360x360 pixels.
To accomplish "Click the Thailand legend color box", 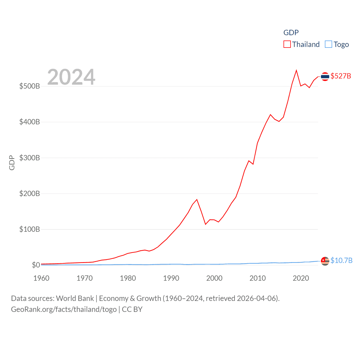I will tap(287, 44).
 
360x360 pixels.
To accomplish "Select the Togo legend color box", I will tap(328, 44).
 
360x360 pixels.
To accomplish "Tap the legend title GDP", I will tap(291, 33).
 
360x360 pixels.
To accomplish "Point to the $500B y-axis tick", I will tap(30, 86).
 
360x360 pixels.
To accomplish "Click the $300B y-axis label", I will tap(30, 158).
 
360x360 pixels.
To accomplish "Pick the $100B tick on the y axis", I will tap(30, 229).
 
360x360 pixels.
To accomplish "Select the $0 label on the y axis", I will tap(36, 265).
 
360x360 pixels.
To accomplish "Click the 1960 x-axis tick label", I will tap(41, 278).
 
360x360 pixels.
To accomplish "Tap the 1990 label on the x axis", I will tap(171, 278).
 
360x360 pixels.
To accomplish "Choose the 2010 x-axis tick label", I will tap(258, 278).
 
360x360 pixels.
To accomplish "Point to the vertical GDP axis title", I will tap(12, 163).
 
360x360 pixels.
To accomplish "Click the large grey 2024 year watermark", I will tap(71, 77).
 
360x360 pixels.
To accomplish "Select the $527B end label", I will tap(341, 76).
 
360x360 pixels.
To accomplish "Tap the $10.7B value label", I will tap(341, 260).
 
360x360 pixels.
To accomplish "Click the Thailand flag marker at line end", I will tap(325, 76).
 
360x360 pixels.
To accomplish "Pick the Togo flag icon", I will tap(325, 261).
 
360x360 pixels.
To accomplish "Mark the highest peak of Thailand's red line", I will tap(296, 70).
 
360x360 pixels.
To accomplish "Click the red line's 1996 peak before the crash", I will tap(197, 199).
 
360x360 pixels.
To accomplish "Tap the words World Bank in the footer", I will tap(75, 298).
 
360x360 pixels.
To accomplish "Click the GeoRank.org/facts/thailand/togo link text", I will tap(64, 309).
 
